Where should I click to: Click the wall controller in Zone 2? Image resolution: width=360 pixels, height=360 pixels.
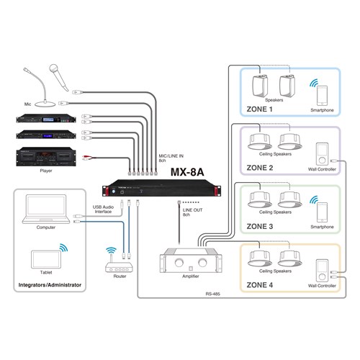click(321, 153)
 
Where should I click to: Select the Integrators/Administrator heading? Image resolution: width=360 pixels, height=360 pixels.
click(47, 286)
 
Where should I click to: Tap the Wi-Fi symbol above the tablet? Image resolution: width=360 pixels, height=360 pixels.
click(63, 248)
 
